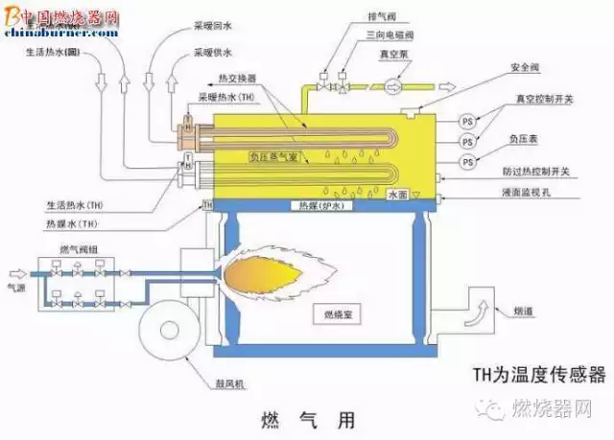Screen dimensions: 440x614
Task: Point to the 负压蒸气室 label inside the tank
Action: click(273, 153)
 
